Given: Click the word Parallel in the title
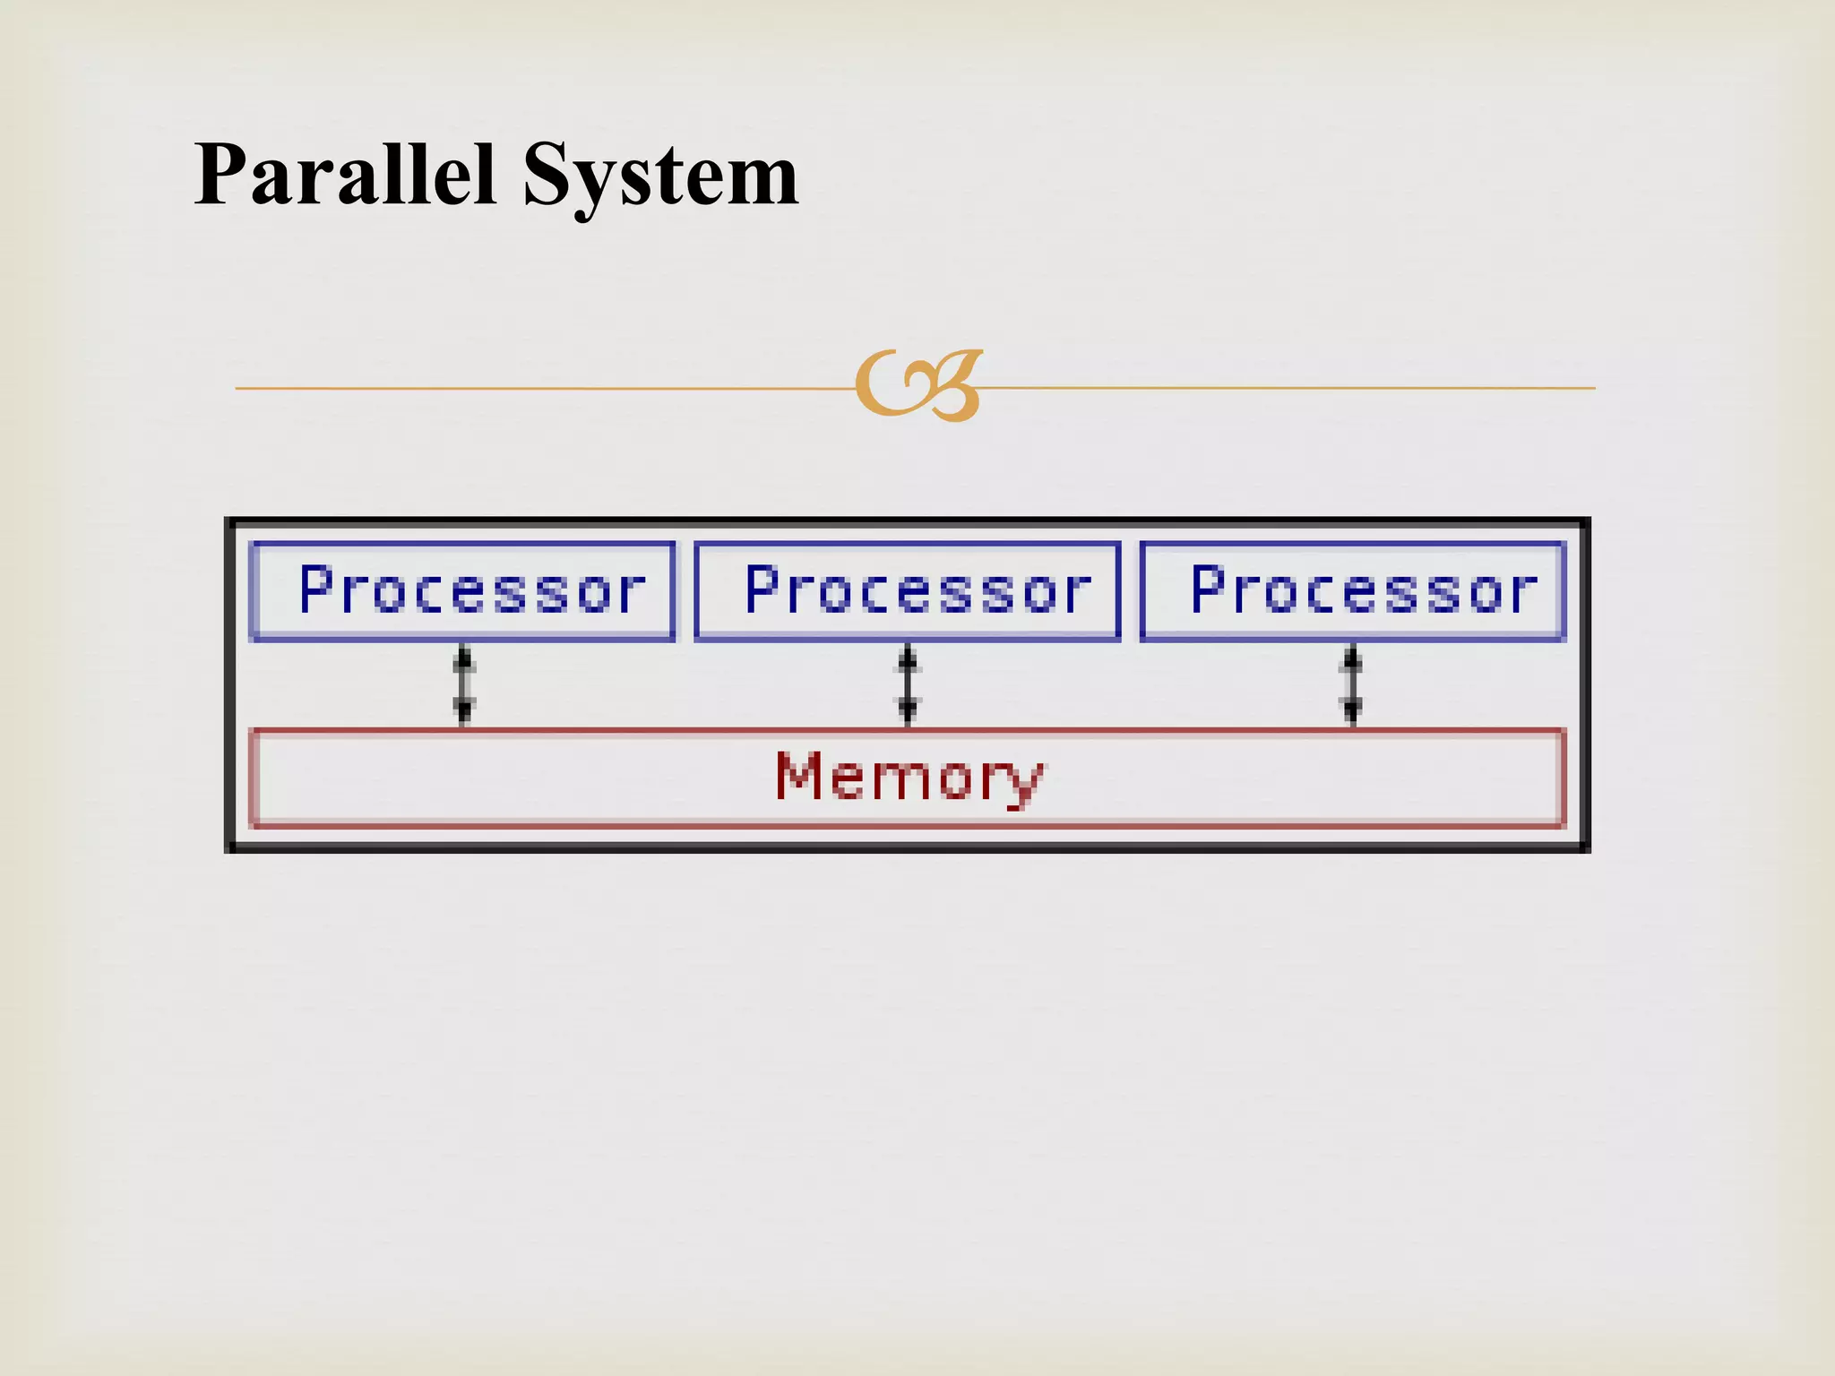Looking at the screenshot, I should click(x=345, y=175).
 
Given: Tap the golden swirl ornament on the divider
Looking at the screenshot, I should click(x=918, y=386).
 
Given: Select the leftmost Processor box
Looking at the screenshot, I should click(x=462, y=591).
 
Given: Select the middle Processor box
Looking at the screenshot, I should click(x=908, y=591).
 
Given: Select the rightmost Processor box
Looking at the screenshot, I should click(x=1353, y=591).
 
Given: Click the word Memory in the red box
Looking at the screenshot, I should click(x=909, y=777).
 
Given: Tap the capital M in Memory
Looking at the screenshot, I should click(x=799, y=775).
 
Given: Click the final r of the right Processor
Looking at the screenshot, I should click(x=1522, y=593).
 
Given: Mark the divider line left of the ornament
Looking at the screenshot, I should click(x=538, y=388).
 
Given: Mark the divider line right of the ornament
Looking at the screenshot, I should click(x=1290, y=388).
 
